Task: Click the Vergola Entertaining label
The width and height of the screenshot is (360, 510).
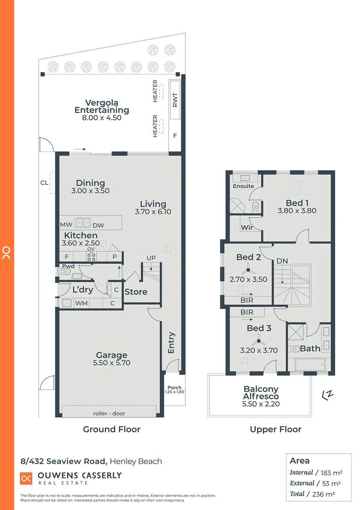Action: (x=101, y=106)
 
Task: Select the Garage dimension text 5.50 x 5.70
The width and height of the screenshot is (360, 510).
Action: (x=112, y=363)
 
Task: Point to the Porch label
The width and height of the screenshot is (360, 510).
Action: (x=174, y=388)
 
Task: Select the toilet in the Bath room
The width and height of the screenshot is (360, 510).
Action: (x=295, y=349)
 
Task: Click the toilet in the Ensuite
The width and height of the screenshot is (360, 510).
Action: (x=255, y=205)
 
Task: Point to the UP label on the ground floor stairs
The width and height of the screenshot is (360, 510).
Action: (x=151, y=257)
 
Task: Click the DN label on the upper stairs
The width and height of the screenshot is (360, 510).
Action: (x=282, y=261)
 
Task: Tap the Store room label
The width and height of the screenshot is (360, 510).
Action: (x=136, y=292)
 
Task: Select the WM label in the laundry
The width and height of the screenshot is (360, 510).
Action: (x=82, y=303)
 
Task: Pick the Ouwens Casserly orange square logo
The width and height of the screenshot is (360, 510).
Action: (x=26, y=478)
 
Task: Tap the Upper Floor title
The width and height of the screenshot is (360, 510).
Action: (x=276, y=429)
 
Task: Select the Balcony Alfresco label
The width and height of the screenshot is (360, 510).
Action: (x=261, y=393)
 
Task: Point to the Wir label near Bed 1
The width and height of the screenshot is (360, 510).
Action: (x=247, y=228)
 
